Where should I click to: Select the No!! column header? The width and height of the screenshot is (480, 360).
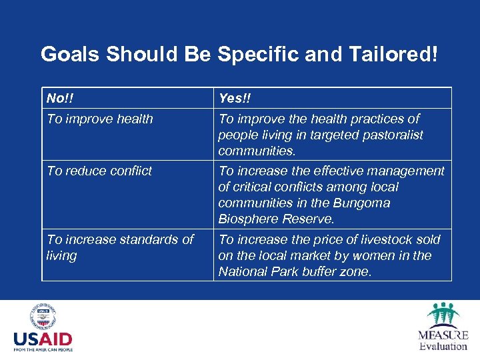60,99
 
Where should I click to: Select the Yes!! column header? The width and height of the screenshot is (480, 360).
234,99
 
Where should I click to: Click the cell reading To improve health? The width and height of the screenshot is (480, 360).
100,119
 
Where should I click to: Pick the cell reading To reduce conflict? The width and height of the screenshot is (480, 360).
99,171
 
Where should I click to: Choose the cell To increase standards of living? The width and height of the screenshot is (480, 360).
120,247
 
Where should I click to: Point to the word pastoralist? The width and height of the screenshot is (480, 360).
391,135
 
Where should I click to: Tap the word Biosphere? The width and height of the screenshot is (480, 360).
248,219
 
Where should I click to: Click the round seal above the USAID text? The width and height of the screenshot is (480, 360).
43,317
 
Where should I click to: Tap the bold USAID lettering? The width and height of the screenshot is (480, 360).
43,339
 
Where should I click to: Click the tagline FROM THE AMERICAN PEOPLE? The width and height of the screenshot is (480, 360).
43,349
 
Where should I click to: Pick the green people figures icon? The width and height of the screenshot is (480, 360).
443,314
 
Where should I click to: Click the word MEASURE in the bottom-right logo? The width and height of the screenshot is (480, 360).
443,335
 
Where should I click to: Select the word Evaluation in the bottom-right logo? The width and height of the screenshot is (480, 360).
443,346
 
